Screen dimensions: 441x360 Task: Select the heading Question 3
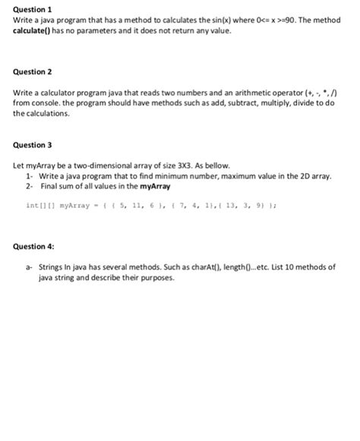click(x=32, y=144)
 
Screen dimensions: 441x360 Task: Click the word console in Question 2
click(x=46, y=102)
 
